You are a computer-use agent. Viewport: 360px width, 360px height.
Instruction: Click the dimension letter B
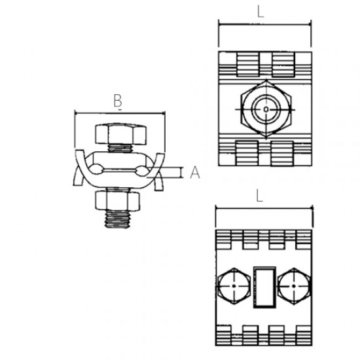118,101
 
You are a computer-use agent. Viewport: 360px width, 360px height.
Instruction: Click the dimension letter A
194,173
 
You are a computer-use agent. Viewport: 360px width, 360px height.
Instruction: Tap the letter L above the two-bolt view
261,195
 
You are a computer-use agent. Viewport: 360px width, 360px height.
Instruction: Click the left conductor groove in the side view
97,170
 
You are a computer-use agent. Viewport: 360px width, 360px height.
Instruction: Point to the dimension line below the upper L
264,25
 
